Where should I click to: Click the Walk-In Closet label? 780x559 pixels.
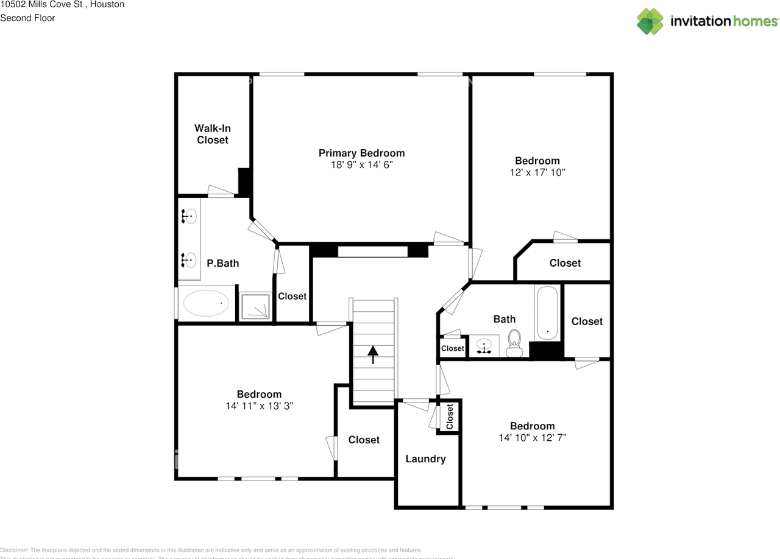click(x=212, y=134)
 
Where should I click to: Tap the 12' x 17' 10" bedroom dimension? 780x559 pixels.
click(x=537, y=172)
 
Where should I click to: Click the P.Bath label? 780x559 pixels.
click(x=222, y=263)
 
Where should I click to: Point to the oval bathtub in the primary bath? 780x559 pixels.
click(x=207, y=303)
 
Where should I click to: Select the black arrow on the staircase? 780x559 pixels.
click(x=372, y=354)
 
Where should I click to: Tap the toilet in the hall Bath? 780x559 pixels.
click(x=515, y=343)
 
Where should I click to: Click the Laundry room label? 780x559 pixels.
click(x=425, y=459)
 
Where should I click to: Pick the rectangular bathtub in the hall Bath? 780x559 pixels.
click(x=547, y=314)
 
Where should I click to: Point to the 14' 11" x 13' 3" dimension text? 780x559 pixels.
click(x=259, y=406)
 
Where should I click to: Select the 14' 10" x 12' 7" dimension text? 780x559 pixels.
click(x=532, y=437)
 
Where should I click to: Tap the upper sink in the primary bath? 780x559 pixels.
click(x=189, y=216)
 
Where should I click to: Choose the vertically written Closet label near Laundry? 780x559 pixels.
click(x=450, y=417)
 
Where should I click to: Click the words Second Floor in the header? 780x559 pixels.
click(x=27, y=18)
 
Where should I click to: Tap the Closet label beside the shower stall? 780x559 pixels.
click(x=292, y=296)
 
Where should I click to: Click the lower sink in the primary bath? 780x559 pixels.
click(x=189, y=260)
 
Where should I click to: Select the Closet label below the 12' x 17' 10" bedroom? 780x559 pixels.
click(x=565, y=262)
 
